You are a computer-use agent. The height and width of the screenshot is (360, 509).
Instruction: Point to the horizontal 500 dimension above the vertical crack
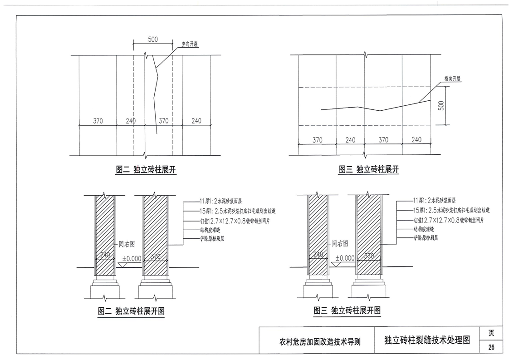[x=153, y=39]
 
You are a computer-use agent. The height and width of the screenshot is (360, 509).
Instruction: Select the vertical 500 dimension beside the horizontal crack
[x=441, y=105]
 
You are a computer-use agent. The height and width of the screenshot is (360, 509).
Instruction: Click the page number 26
[x=491, y=347]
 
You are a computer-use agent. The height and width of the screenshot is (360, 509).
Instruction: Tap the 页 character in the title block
[x=491, y=333]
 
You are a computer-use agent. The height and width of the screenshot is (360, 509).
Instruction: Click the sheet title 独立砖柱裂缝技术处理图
[x=426, y=340]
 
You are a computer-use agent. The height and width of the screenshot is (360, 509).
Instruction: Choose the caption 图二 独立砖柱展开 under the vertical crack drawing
[x=146, y=170]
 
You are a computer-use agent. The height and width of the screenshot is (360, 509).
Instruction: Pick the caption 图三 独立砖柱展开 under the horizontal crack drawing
[x=368, y=170]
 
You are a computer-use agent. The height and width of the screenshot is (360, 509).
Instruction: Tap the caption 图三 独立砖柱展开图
[x=347, y=311]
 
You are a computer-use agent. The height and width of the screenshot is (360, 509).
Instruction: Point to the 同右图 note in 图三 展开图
[x=340, y=243]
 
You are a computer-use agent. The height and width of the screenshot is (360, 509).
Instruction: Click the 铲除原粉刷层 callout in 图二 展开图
[x=200, y=237]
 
